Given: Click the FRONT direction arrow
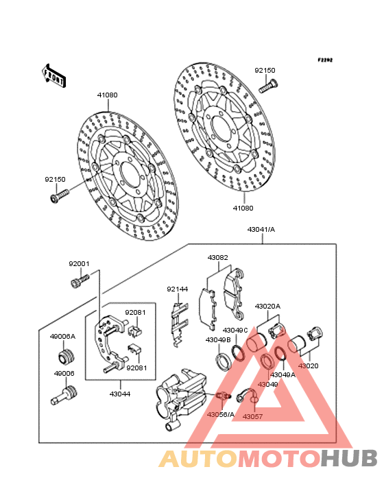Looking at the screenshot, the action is pos(53,76).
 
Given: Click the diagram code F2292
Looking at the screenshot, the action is pos(325,60).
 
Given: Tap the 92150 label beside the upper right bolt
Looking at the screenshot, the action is pos(265,71).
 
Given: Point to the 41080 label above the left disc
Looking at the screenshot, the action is pos(108,95).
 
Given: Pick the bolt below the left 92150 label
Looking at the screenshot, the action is pos(60,195).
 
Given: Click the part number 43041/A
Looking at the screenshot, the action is pos(261,230).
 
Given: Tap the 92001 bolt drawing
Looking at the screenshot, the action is pos(80,280).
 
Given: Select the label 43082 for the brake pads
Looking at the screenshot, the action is pos(218,257).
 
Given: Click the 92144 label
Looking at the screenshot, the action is pos(178,289).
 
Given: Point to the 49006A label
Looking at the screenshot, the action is pos(62,337).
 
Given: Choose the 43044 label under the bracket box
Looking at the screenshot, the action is pos(120,394).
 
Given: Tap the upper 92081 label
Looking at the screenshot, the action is pos(135,313).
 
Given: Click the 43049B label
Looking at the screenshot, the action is pos(218,339).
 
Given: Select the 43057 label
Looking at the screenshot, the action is pos(252,416).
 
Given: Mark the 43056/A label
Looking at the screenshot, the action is pos(221,415).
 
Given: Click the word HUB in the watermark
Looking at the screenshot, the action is pos(349,458).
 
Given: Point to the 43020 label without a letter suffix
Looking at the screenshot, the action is pos(308,366).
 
